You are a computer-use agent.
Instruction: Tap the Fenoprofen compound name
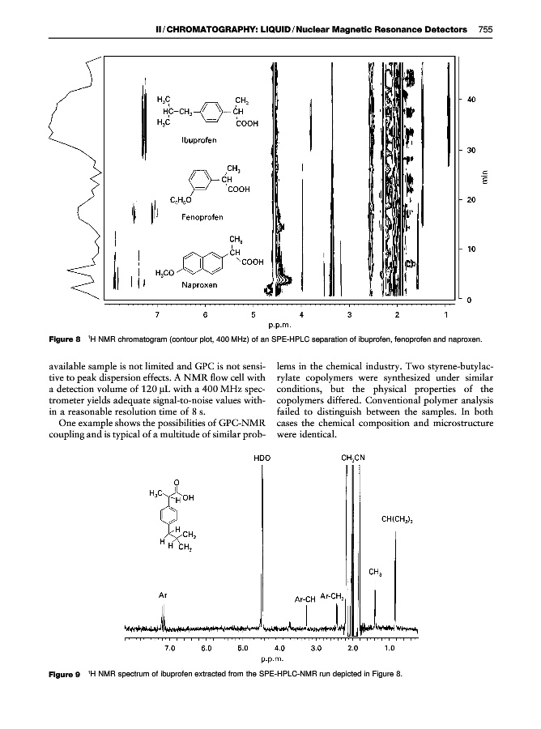pyautogui.click(x=202, y=216)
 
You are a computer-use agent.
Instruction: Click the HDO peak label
pyautogui.click(x=262, y=458)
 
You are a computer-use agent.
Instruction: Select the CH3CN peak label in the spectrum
pyautogui.click(x=353, y=458)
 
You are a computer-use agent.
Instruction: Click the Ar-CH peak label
pyautogui.click(x=305, y=600)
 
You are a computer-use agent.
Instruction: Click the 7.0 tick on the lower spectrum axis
pyautogui.click(x=170, y=648)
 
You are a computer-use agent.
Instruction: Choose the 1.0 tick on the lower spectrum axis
pyautogui.click(x=390, y=648)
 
